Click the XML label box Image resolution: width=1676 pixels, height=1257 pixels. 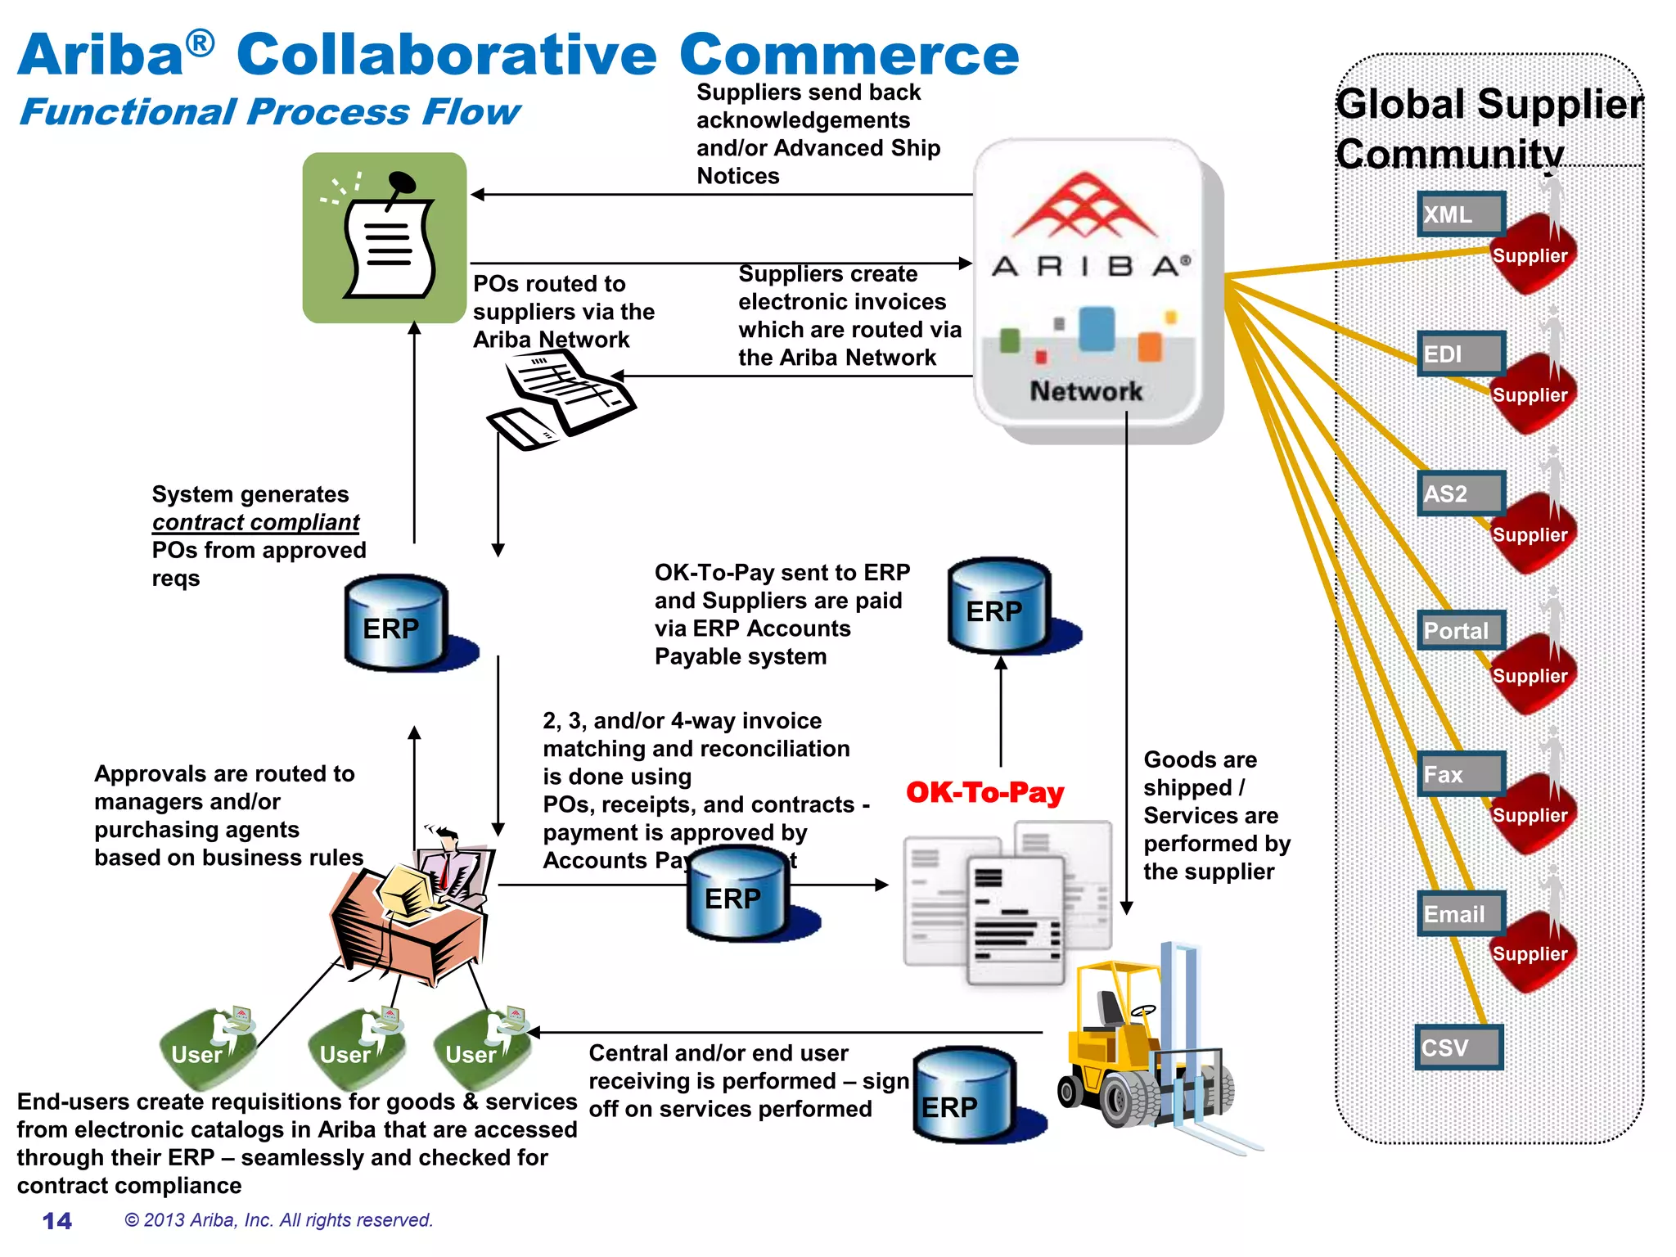(1461, 214)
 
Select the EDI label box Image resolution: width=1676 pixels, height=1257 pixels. (1461, 354)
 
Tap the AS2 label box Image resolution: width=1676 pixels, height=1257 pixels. (1461, 493)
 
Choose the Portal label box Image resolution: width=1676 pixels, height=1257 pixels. (1461, 631)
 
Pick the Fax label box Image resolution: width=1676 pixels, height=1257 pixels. (1461, 773)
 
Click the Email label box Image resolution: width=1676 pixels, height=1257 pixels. (1461, 913)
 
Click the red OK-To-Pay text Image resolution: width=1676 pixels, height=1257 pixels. (984, 792)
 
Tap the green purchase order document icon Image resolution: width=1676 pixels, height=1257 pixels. (385, 238)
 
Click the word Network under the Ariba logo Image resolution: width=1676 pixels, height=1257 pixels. (1086, 391)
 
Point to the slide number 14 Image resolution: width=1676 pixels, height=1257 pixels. (57, 1221)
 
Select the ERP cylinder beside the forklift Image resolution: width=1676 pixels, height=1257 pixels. (966, 1096)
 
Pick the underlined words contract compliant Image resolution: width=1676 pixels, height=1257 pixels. (255, 522)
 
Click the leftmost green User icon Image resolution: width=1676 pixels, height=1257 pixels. (205, 1047)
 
